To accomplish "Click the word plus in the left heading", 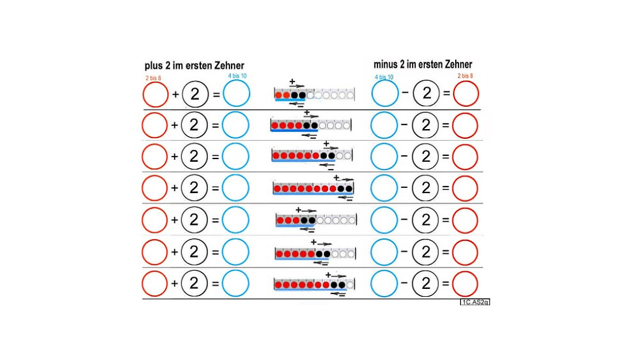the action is [154, 66].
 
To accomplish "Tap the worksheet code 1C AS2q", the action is [475, 302].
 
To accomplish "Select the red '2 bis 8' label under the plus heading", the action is [153, 78].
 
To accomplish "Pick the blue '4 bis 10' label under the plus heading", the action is [237, 76].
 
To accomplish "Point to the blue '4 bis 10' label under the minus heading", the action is [384, 77].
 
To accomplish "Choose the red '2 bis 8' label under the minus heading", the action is [466, 76].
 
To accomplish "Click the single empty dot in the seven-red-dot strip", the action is [349, 284].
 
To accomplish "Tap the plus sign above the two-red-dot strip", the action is [292, 82].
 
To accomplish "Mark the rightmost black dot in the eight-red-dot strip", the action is [348, 188].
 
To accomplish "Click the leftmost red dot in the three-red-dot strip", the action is [280, 220].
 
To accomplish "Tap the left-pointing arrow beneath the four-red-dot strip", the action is [310, 136].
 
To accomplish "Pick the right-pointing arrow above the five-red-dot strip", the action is [325, 244].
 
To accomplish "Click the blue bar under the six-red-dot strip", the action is [303, 160].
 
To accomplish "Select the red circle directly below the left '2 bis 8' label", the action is [155, 95].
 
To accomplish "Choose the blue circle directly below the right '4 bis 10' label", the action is [385, 93].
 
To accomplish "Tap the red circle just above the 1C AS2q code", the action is [465, 284].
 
